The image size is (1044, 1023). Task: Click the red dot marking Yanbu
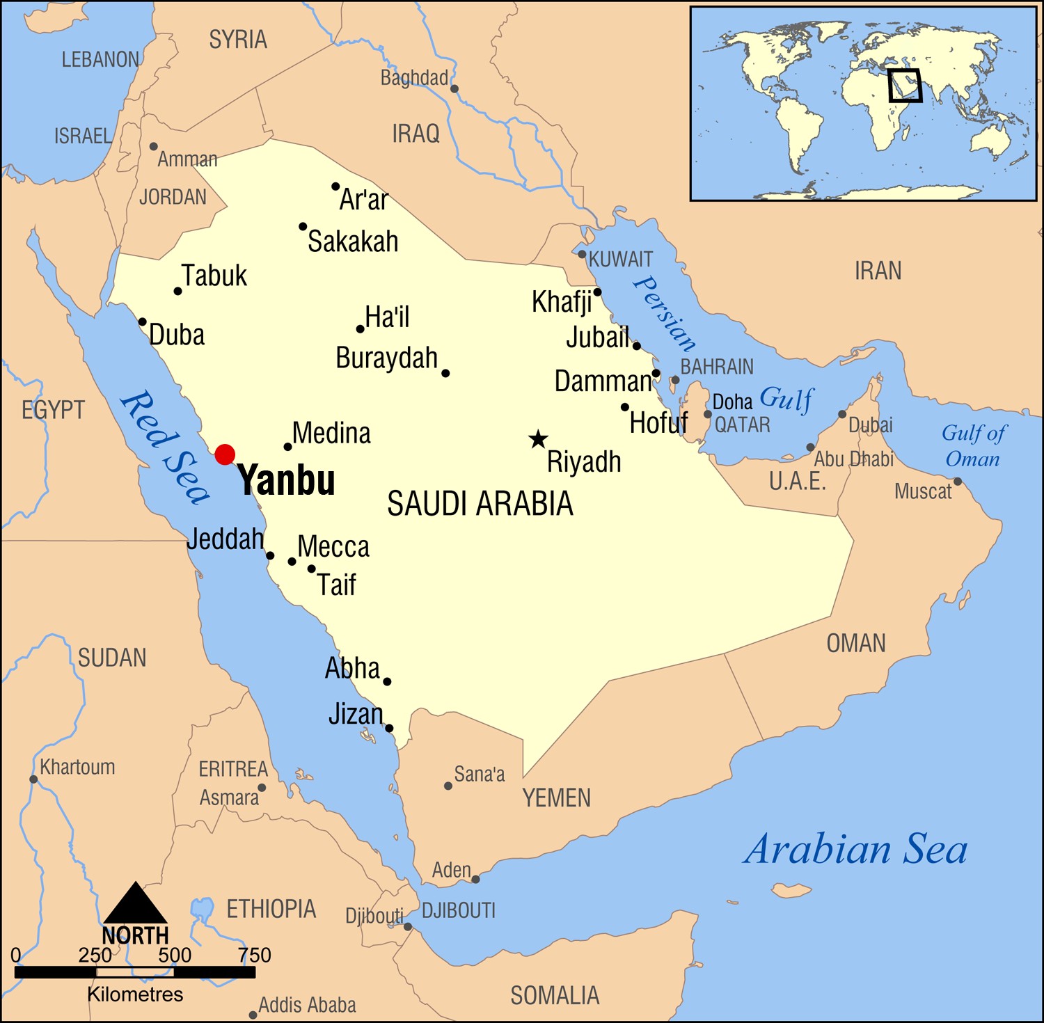coord(225,454)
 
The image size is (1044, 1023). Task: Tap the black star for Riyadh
coord(537,439)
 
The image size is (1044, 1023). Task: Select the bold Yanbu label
coord(286,480)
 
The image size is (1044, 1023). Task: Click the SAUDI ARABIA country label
coord(480,503)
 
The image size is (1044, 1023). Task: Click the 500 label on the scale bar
coord(175,955)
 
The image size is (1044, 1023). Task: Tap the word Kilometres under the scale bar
coord(135,994)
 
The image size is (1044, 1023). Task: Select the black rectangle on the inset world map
coord(905,86)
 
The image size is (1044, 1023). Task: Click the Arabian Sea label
coord(855,850)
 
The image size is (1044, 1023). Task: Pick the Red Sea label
coord(164,447)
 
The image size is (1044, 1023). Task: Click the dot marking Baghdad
coord(454,88)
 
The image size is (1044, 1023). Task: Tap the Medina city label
coord(331,433)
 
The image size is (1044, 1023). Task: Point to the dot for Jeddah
coord(270,556)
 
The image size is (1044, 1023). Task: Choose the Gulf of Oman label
coord(972,446)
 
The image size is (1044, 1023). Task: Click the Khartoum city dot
coord(33,779)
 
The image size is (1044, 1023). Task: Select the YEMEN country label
coord(556,798)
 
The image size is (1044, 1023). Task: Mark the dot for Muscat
coord(958,482)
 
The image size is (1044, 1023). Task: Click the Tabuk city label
coord(214,276)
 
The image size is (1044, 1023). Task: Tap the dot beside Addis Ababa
coord(253,1015)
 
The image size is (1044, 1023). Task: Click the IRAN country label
coord(878,271)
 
